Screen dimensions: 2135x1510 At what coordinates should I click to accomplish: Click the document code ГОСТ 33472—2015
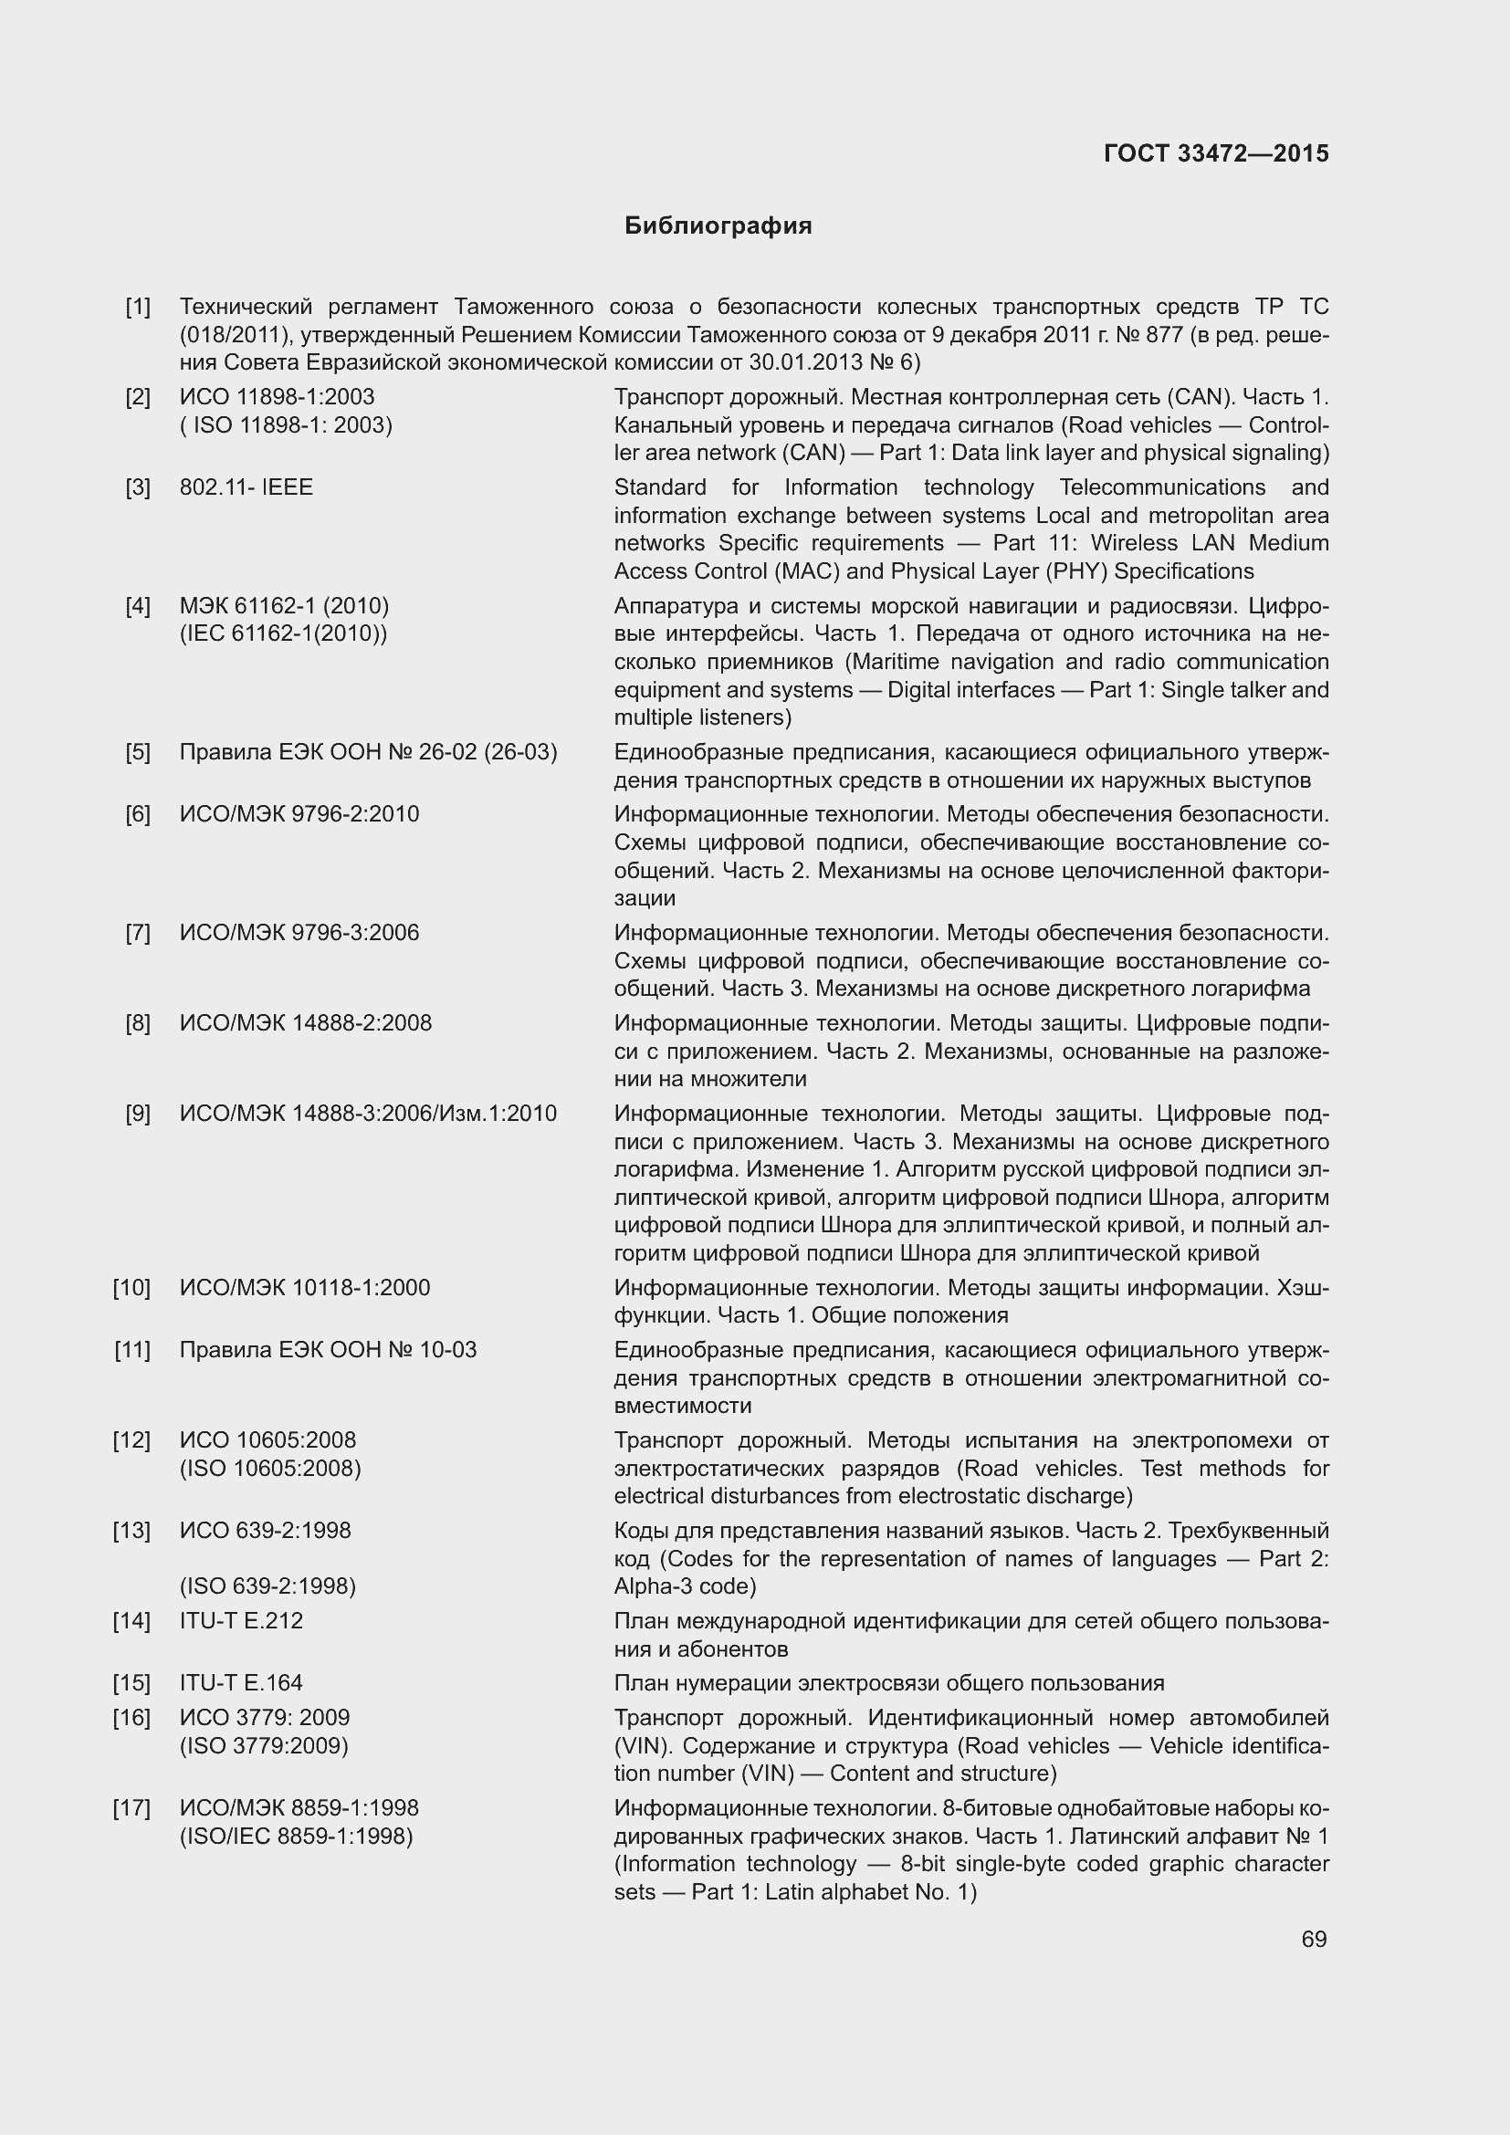tap(1215, 153)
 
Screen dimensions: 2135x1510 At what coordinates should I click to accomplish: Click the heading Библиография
tap(718, 226)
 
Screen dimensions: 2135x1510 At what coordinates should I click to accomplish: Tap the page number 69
tap(1314, 1939)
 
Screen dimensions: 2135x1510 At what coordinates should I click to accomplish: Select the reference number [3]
tap(138, 487)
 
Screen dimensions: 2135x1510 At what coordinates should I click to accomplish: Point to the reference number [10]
tap(132, 1288)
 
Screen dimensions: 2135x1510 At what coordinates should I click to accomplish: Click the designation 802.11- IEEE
tap(246, 487)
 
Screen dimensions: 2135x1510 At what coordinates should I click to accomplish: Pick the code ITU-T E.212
tap(241, 1621)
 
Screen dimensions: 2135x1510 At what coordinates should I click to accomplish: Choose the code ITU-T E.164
tap(241, 1682)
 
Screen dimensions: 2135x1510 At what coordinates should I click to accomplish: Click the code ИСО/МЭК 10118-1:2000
tap(304, 1288)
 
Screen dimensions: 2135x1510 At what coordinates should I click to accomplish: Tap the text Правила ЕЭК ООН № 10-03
tap(328, 1349)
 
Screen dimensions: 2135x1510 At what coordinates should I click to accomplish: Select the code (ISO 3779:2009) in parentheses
tap(264, 1745)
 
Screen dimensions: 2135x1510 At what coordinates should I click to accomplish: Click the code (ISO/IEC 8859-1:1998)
tap(296, 1836)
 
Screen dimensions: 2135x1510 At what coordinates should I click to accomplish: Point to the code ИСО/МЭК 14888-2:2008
tap(305, 1023)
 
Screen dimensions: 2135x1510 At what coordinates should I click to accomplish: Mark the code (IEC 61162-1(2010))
tap(283, 633)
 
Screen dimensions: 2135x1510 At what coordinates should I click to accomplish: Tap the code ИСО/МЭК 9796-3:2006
tap(299, 933)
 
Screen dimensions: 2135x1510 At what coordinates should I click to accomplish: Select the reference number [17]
tap(132, 1807)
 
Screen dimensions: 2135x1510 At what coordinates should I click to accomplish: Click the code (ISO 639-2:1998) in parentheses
tap(267, 1586)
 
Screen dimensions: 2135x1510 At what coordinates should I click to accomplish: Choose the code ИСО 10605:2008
tap(267, 1439)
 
